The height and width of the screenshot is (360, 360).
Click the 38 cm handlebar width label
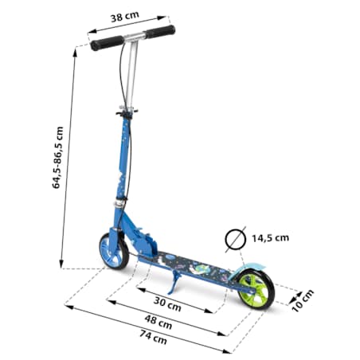click(124, 17)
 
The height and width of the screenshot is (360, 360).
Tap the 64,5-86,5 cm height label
click(57, 158)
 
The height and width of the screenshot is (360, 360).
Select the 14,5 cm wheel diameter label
click(270, 238)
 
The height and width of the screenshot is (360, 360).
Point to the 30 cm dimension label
click(167, 304)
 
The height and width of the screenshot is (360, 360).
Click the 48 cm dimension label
click(158, 322)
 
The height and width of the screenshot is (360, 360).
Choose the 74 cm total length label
click(153, 337)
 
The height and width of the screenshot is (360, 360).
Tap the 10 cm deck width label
click(303, 300)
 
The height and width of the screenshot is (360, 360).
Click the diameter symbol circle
click(235, 240)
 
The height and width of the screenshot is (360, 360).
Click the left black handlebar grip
click(107, 43)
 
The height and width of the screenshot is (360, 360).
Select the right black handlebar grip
click(160, 32)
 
